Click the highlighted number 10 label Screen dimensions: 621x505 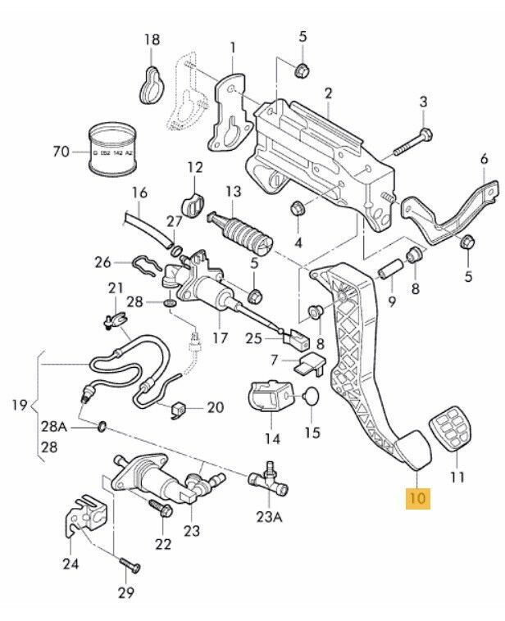click(x=417, y=496)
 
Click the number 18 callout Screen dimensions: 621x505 click(x=152, y=39)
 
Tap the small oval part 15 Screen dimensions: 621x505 click(x=311, y=399)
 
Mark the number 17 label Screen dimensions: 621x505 click(x=219, y=337)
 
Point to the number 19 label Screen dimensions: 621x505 click(x=20, y=405)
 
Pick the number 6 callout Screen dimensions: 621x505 click(x=484, y=161)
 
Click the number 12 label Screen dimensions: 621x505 click(x=194, y=167)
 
